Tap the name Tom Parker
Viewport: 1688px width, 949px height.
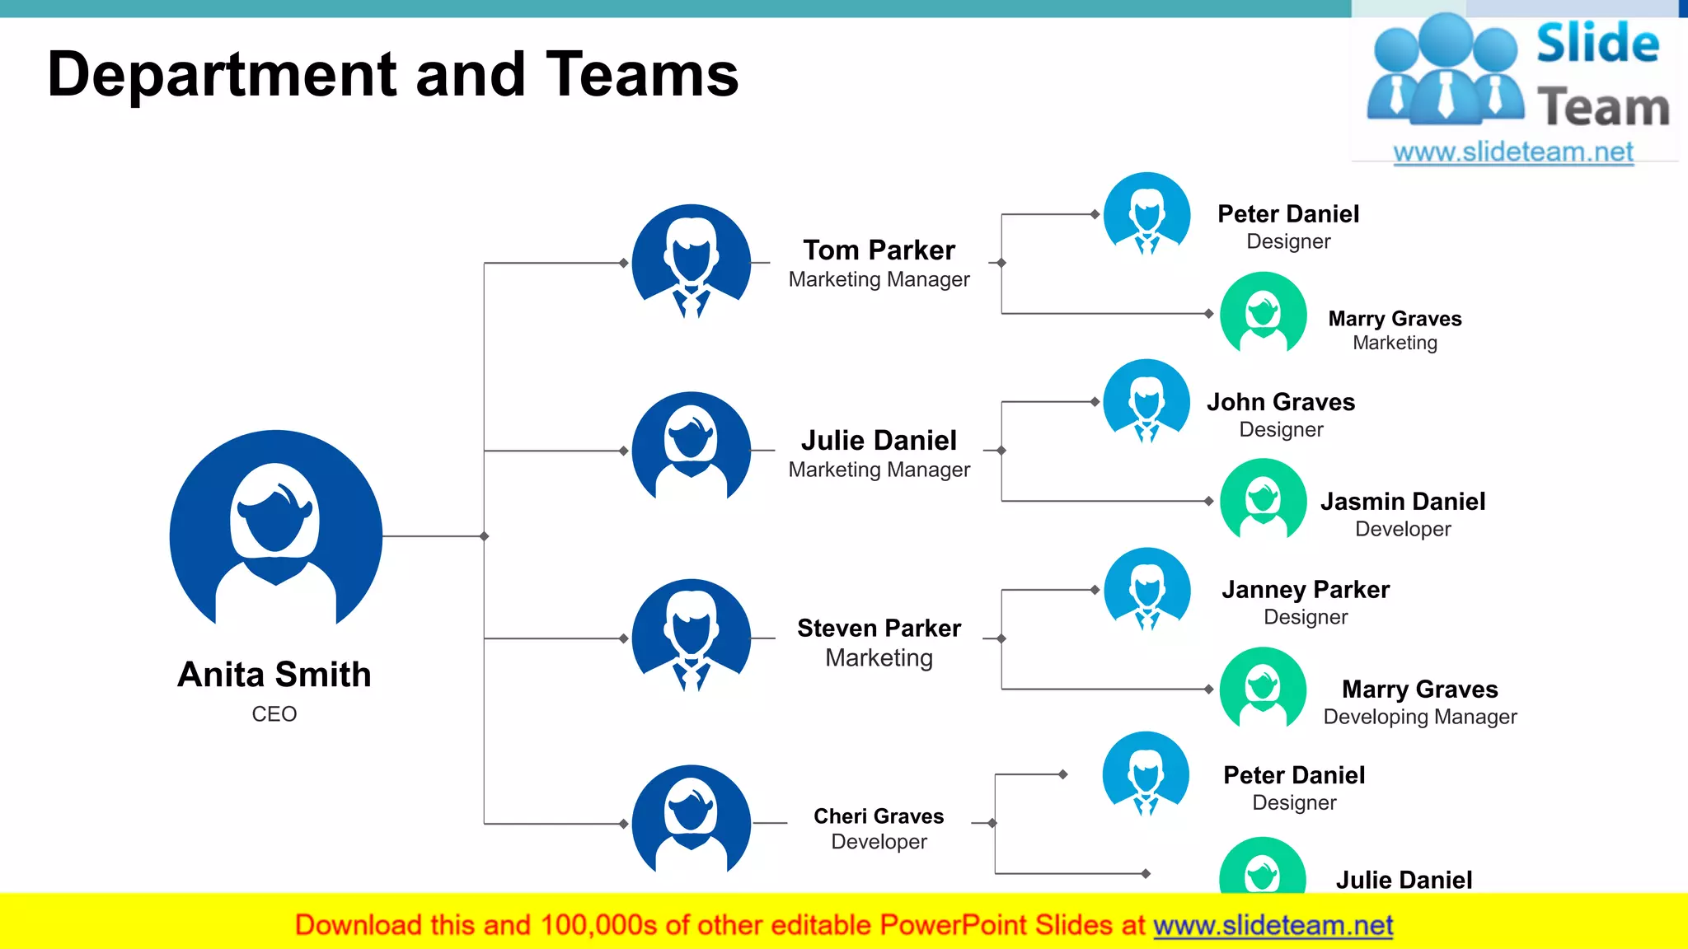point(879,250)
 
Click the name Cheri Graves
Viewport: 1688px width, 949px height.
point(879,816)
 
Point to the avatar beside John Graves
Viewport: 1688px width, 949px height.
point(1146,401)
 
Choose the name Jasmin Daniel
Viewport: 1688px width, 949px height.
point(1403,501)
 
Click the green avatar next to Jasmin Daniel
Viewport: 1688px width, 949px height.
point(1263,499)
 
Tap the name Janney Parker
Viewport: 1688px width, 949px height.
point(1306,589)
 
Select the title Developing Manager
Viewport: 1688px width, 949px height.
point(1419,717)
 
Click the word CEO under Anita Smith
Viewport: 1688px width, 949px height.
point(274,713)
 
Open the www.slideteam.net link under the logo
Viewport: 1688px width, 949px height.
point(1513,152)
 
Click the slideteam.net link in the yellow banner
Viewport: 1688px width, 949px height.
point(1273,925)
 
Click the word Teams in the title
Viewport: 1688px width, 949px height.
point(642,74)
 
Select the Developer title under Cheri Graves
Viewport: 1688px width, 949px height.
point(879,841)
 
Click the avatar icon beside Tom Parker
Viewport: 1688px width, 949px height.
point(691,262)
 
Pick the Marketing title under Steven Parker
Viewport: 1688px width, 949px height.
point(879,657)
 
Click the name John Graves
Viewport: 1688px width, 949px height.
point(1281,402)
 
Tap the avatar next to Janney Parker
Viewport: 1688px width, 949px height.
point(1146,589)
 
